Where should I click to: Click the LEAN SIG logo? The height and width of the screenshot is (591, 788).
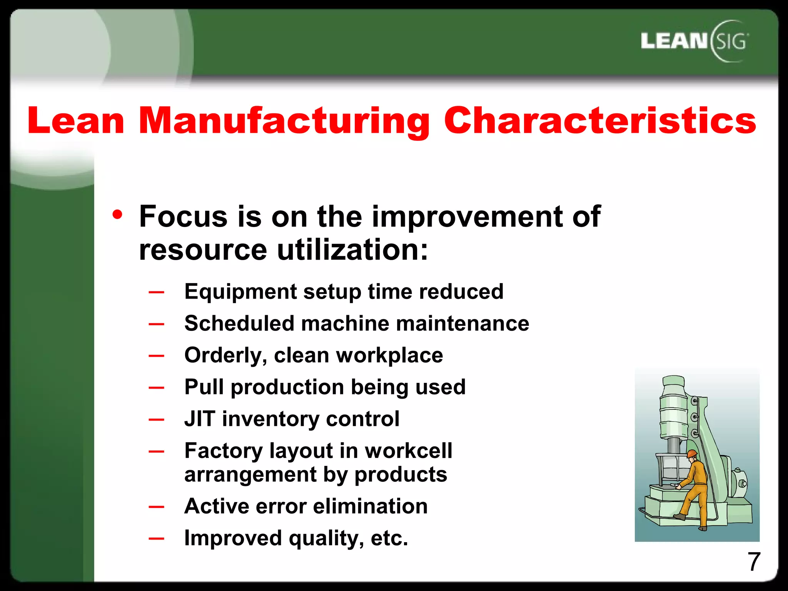pyautogui.click(x=695, y=41)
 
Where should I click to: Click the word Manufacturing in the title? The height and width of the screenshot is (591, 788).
pyautogui.click(x=284, y=121)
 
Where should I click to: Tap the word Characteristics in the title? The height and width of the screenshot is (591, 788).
pyautogui.click(x=600, y=120)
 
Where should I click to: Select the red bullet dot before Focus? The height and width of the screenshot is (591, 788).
pyautogui.click(x=117, y=214)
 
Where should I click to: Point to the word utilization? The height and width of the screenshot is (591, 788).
pyautogui.click(x=352, y=250)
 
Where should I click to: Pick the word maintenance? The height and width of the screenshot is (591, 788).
pyautogui.click(x=462, y=323)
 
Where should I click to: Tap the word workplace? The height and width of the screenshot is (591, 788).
pyautogui.click(x=389, y=355)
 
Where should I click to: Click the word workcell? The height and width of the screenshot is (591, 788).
pyautogui.click(x=408, y=451)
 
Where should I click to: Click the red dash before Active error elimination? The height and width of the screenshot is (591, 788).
pyautogui.click(x=157, y=507)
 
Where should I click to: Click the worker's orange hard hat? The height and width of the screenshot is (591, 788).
pyautogui.click(x=692, y=454)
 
